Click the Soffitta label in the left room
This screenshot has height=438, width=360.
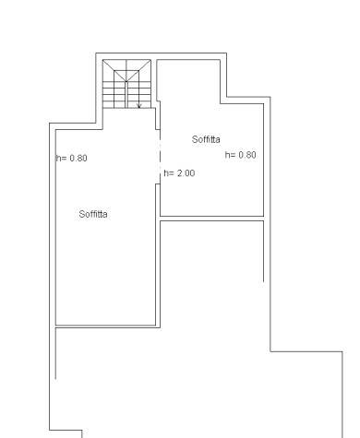pos(93,214)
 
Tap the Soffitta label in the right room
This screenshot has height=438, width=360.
pos(206,139)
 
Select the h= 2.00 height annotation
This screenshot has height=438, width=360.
pos(179,173)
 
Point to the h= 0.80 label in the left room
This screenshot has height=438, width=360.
pos(72,158)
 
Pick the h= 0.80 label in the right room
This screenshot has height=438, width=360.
pos(241,155)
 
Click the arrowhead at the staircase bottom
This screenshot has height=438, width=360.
pos(138,106)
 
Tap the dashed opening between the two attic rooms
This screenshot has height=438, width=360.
pos(160,157)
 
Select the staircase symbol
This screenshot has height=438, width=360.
pos(126,84)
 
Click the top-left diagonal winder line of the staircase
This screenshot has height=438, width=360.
pos(114,70)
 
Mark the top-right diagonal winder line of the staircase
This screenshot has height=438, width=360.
pos(138,70)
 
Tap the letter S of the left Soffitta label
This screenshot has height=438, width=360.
pos(81,214)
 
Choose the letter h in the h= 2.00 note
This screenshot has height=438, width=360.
pos(166,173)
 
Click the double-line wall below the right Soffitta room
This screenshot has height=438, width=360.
pos(211,219)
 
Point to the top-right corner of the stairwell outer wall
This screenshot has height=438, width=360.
pos(227,53)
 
